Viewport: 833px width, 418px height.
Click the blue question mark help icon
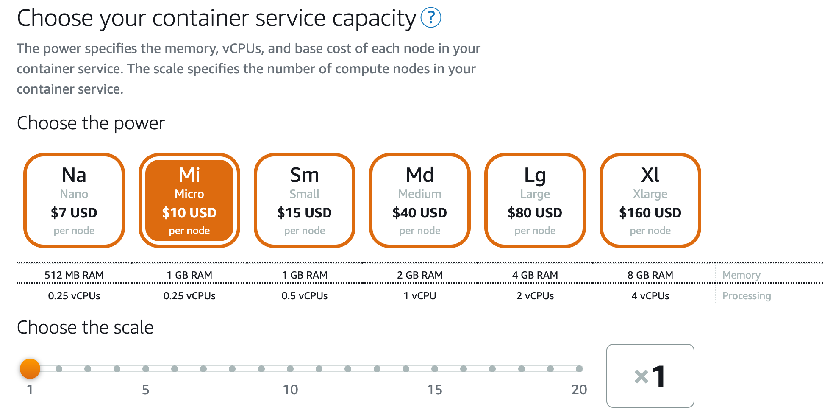431,18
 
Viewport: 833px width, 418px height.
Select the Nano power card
74,201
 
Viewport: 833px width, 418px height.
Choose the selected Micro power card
189,201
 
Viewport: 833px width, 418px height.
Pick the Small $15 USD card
305,201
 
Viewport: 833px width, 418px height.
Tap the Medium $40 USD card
420,201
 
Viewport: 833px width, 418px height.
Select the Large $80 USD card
535,201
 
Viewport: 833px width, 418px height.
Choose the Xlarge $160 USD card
650,201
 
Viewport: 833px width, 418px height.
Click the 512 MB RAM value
74,275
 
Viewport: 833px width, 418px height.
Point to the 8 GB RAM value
650,275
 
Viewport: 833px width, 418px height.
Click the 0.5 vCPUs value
305,296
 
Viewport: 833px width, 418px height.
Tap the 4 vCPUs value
650,296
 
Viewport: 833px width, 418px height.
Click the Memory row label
741,275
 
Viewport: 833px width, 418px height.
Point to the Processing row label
747,296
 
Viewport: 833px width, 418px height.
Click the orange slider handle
30,369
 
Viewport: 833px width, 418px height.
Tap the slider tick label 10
290,390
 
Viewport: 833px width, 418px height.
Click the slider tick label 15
435,390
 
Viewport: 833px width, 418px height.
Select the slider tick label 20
579,390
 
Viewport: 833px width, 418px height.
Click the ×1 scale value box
650,376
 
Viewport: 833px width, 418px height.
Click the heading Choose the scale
85,328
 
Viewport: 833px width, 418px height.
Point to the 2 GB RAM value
420,275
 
